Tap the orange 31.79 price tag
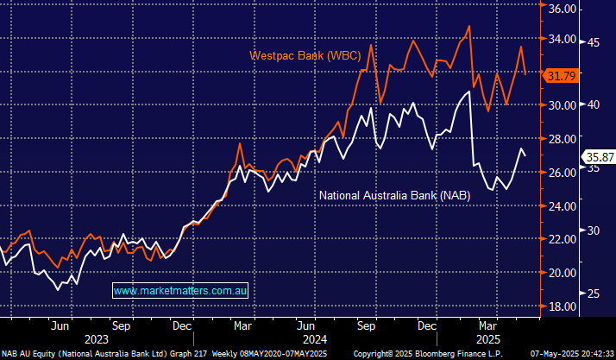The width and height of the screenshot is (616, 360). [562, 77]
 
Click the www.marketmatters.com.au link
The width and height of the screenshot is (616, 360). [180, 291]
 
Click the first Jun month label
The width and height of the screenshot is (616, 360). [59, 326]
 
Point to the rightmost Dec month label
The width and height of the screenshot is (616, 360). [426, 326]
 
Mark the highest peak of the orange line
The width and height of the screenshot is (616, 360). [468, 26]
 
